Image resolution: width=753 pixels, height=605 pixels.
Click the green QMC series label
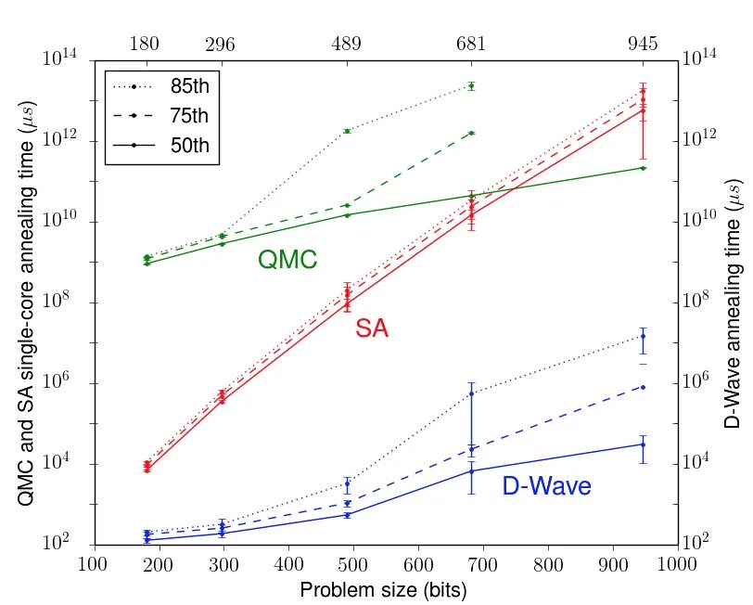287,261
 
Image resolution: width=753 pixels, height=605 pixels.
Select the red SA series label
372,328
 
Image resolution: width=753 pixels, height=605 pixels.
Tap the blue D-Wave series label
546,486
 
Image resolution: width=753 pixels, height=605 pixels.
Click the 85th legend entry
162,86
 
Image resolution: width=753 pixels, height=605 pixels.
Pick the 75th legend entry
162,115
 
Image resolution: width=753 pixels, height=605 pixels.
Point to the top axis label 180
147,45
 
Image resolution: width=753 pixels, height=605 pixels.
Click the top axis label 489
346,45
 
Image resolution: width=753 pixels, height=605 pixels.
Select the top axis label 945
643,45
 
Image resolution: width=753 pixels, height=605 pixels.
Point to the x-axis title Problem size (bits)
383,589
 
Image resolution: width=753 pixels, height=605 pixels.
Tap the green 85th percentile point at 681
472,85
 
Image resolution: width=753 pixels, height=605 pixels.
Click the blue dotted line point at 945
643,335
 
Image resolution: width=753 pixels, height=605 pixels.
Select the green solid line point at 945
643,167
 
